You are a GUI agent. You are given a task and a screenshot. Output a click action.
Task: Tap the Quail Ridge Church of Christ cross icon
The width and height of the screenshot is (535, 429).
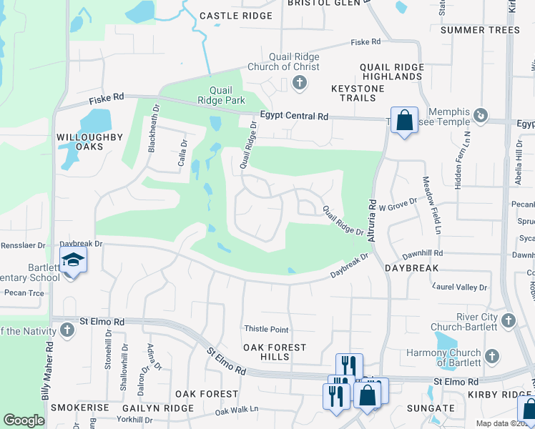[x=300, y=84]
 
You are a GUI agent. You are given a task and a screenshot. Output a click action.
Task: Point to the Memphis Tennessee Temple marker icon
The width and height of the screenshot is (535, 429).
[x=482, y=114]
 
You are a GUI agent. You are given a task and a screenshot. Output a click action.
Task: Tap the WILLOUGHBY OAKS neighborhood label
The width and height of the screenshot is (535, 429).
[x=90, y=142]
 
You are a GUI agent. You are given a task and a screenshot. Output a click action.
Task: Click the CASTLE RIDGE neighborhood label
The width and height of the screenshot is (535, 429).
[x=236, y=16]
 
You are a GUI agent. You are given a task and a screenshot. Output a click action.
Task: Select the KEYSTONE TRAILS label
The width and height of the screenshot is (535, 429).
[x=358, y=93]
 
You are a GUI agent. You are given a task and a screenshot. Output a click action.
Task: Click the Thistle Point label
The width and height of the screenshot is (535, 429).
[x=267, y=330]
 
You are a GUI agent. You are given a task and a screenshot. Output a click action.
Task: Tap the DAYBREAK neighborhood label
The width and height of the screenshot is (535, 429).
[x=411, y=267]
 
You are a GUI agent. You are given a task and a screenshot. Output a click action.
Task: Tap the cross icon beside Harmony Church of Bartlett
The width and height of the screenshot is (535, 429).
[x=491, y=355]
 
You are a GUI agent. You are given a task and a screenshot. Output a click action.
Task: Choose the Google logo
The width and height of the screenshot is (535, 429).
[x=24, y=420]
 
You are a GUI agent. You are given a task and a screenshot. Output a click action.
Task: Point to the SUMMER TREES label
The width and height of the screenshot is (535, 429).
[x=480, y=30]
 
